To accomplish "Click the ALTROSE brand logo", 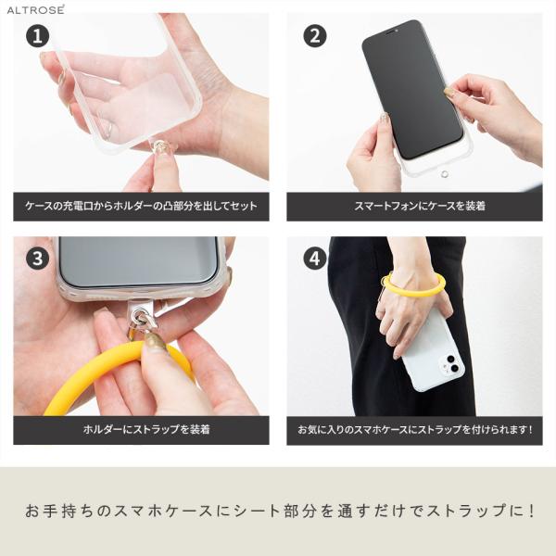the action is tap(35, 9).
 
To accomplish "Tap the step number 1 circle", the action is tap(38, 36).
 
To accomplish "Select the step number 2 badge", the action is tap(315, 36).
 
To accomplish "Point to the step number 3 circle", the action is tap(38, 259).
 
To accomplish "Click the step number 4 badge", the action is tap(315, 259).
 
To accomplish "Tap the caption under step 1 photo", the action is tap(141, 206).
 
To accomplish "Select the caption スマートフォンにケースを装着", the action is tap(420, 206).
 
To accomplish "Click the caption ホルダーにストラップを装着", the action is tap(146, 429).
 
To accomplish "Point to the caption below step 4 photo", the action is tap(415, 430).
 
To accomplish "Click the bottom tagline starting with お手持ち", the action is tap(280, 511).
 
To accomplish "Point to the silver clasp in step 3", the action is tap(142, 319).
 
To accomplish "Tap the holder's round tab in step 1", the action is tap(158, 146).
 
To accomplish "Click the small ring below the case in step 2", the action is tap(444, 174).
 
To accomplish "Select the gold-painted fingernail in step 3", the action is tap(156, 341).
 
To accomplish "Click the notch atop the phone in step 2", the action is tap(391, 32).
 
